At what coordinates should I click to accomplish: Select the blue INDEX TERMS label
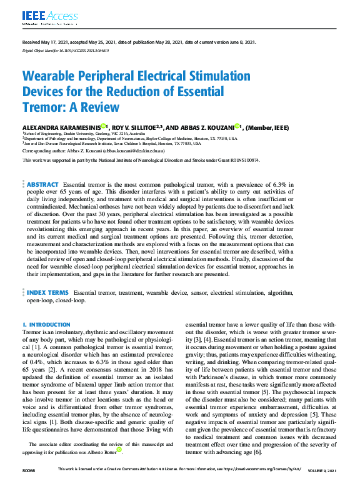click(x=47, y=292)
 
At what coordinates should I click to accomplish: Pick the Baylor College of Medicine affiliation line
click(x=125, y=138)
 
